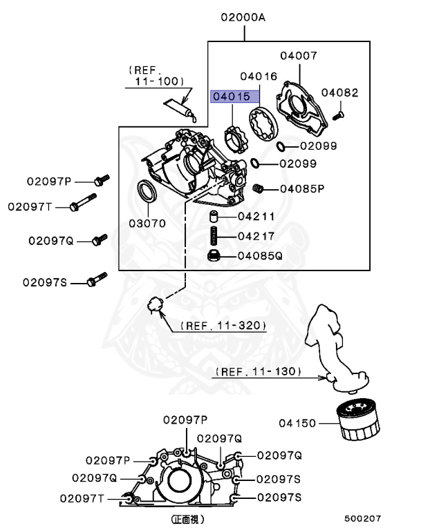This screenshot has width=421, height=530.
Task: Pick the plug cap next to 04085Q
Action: tap(214, 257)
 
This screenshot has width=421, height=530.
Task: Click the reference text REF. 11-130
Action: tap(259, 371)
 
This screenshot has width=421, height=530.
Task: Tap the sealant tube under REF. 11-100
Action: tap(183, 108)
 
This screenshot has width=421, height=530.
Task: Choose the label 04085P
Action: tap(301, 188)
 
